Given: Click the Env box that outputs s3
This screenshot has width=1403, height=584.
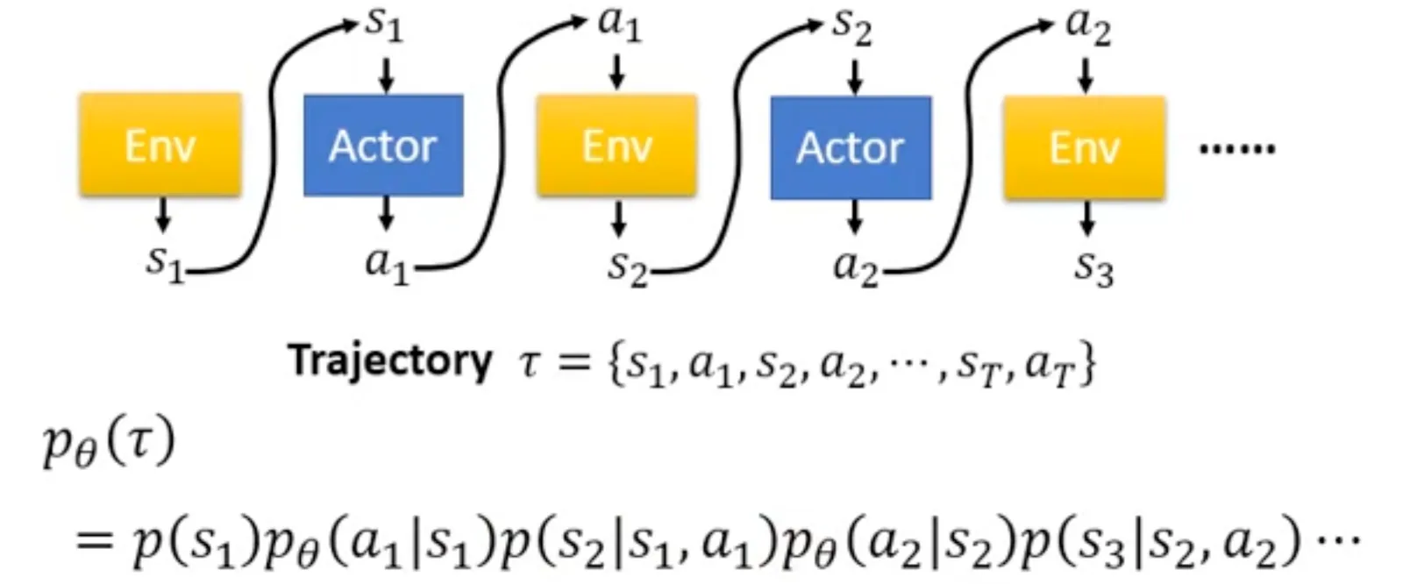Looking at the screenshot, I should click(1084, 146).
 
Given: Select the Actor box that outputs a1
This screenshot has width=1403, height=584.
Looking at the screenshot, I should click(383, 146).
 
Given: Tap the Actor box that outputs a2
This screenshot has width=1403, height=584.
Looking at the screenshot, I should click(851, 147).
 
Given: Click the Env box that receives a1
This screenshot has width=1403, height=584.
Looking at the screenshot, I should click(616, 146).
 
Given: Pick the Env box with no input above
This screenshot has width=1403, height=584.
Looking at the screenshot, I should click(160, 146).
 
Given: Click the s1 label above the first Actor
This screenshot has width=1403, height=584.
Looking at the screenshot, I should click(384, 24).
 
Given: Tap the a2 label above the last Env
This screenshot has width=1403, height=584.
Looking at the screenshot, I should click(1087, 25).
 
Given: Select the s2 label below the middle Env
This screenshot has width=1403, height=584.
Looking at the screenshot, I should click(627, 267).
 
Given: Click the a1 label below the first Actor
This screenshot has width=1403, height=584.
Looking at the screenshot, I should click(387, 264).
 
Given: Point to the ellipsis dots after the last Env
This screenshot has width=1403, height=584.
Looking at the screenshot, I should click(1236, 149).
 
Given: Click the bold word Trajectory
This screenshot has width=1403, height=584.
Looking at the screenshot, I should click(390, 360).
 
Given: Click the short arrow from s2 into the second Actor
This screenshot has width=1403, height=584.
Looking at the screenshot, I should click(854, 75).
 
